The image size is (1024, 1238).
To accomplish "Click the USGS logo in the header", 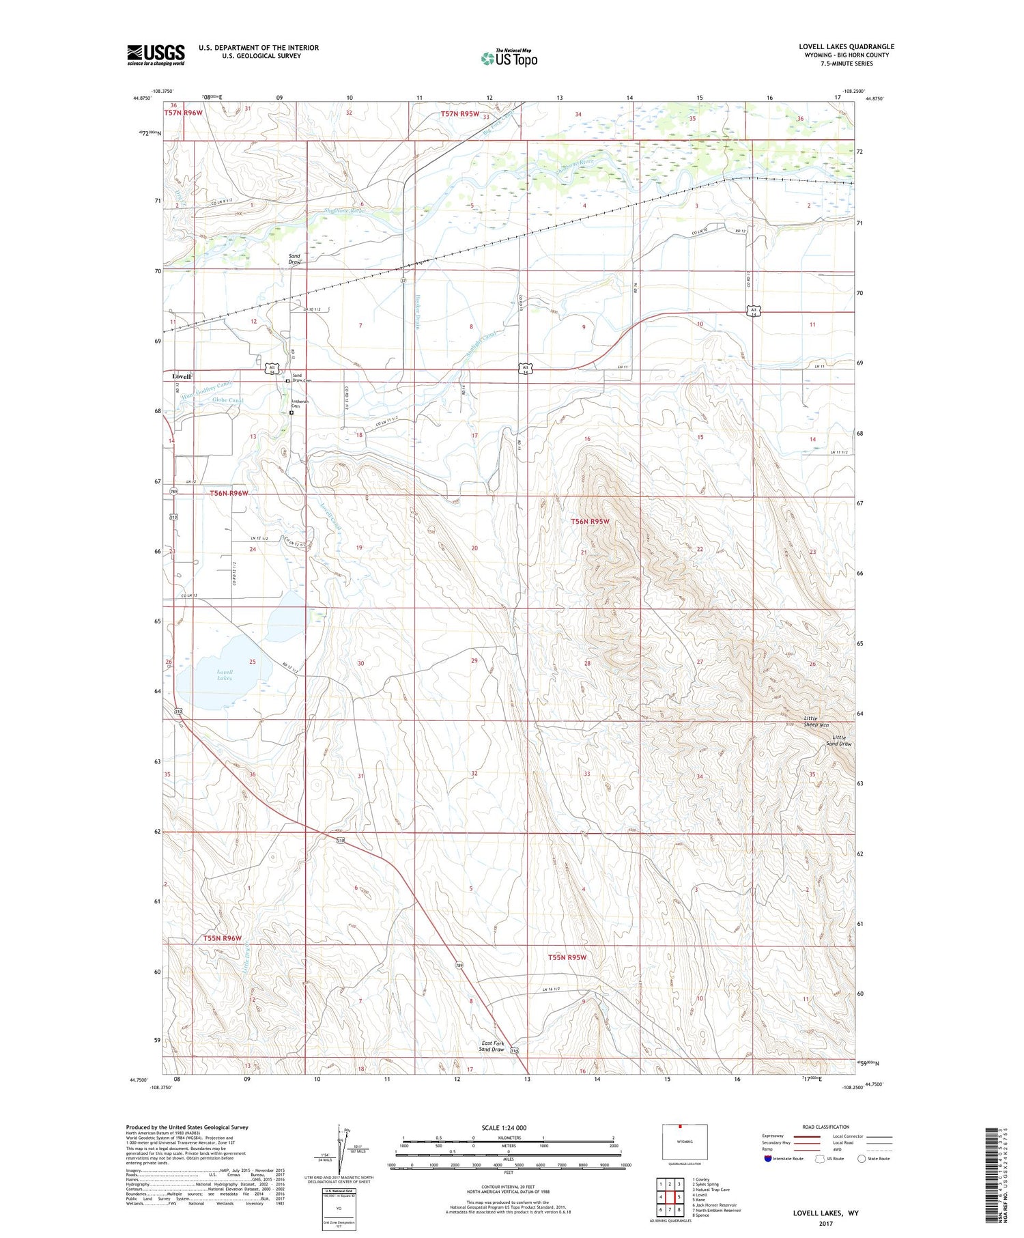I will (156, 55).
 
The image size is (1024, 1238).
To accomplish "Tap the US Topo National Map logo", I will (509, 58).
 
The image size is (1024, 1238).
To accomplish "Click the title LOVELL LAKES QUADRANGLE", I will (847, 46).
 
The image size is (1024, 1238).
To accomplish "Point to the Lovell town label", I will (182, 376).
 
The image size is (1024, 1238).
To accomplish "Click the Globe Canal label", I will (227, 400).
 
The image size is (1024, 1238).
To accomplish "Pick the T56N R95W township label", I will (589, 521).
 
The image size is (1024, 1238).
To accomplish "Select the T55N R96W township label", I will (222, 938).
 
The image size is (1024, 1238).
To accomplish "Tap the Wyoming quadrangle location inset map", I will (685, 1142).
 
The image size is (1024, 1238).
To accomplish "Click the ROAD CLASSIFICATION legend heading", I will (826, 1127).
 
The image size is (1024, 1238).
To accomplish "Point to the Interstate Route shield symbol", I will (768, 1159).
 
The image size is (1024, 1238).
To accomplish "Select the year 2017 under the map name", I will (825, 1223).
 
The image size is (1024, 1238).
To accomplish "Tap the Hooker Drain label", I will (418, 311).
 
